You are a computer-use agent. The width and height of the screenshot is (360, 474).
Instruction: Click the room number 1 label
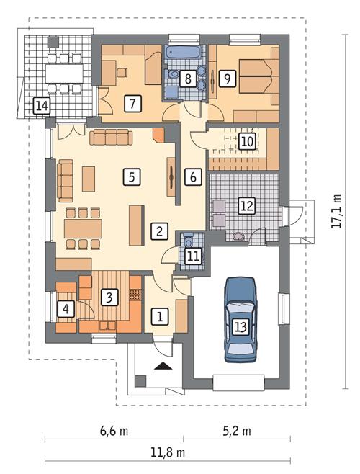[x=160, y=315]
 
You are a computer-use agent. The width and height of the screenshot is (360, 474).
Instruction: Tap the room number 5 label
[x=130, y=175]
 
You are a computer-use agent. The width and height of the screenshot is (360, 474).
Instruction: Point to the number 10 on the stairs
[x=247, y=141]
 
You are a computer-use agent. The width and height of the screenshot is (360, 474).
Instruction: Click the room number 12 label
[x=247, y=206]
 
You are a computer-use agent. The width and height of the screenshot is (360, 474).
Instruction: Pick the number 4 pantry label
[x=66, y=310]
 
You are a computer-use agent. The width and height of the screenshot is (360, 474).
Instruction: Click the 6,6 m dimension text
[x=114, y=432]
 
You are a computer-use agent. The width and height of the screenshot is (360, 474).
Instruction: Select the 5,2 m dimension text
[x=236, y=432]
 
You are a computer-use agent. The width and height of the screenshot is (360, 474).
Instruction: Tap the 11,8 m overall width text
[x=167, y=453]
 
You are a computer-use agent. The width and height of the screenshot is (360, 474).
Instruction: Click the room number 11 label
[x=192, y=256]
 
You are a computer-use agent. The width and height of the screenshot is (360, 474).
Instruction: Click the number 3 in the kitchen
[x=109, y=297]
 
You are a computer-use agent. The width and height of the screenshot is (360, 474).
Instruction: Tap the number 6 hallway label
[x=192, y=176]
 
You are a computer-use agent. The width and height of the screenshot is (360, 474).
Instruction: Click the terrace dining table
[x=60, y=72]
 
